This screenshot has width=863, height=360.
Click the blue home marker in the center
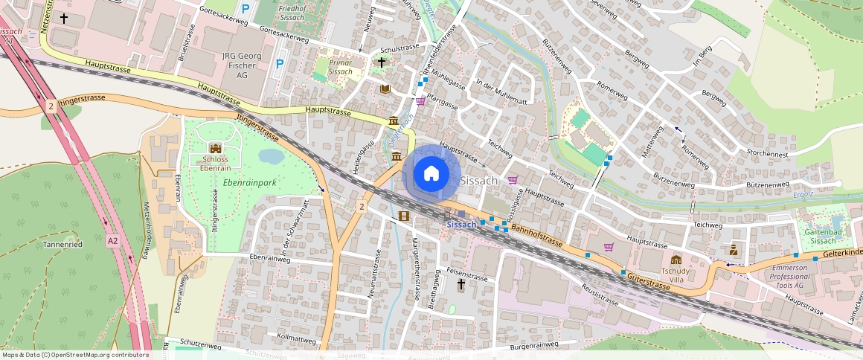coord(431,174)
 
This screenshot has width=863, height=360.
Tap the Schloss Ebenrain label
coord(216,164)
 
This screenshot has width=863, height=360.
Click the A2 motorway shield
coord(112,240)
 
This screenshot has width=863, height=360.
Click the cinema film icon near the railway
coord(403,216)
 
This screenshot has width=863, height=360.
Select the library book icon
coord(385,89)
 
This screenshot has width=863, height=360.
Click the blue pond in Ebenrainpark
coord(271,156)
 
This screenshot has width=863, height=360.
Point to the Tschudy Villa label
coord(676,271)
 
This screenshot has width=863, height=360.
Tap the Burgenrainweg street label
coord(530,345)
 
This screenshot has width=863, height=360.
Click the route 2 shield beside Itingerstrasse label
coord(51,106)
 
